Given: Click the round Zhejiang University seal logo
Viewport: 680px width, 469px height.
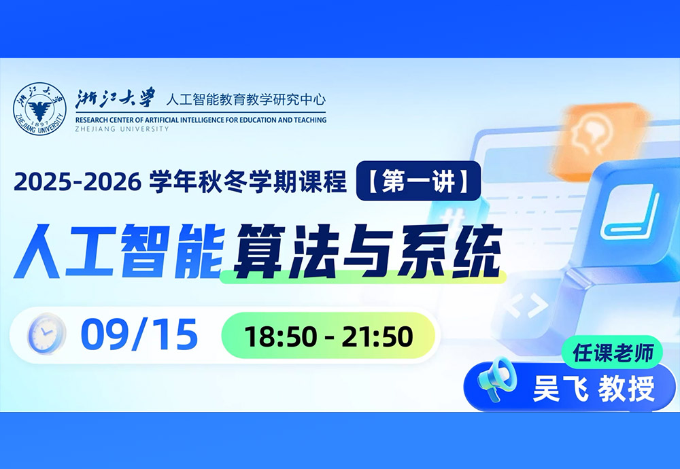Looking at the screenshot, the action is click(x=39, y=109).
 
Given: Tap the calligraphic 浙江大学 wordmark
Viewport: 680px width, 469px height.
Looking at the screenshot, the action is click(x=116, y=99).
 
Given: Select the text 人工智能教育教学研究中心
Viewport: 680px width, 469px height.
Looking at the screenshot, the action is click(x=246, y=100).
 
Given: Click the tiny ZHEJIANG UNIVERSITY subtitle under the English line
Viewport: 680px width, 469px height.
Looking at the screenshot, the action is click(x=122, y=128).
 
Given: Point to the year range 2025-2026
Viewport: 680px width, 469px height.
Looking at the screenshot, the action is click(x=78, y=181).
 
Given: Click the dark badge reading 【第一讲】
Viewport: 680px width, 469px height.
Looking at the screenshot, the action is click(x=418, y=181).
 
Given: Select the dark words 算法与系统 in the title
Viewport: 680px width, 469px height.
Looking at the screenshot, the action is click(x=368, y=251).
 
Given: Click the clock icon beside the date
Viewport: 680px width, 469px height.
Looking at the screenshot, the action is click(x=46, y=334).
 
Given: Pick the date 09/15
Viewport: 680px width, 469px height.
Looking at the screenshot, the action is click(x=139, y=334).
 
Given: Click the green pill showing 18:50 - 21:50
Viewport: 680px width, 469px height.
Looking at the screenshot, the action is click(x=328, y=336).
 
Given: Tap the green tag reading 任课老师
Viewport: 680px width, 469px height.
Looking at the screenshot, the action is click(x=613, y=352).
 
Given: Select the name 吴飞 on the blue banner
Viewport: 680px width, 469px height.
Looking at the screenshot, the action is click(x=560, y=388).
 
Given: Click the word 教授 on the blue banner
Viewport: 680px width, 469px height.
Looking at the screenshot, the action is click(x=627, y=388).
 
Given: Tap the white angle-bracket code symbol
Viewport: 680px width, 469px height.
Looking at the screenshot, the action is click(x=526, y=307).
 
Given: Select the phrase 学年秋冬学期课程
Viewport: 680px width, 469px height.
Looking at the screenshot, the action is click(x=248, y=181).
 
